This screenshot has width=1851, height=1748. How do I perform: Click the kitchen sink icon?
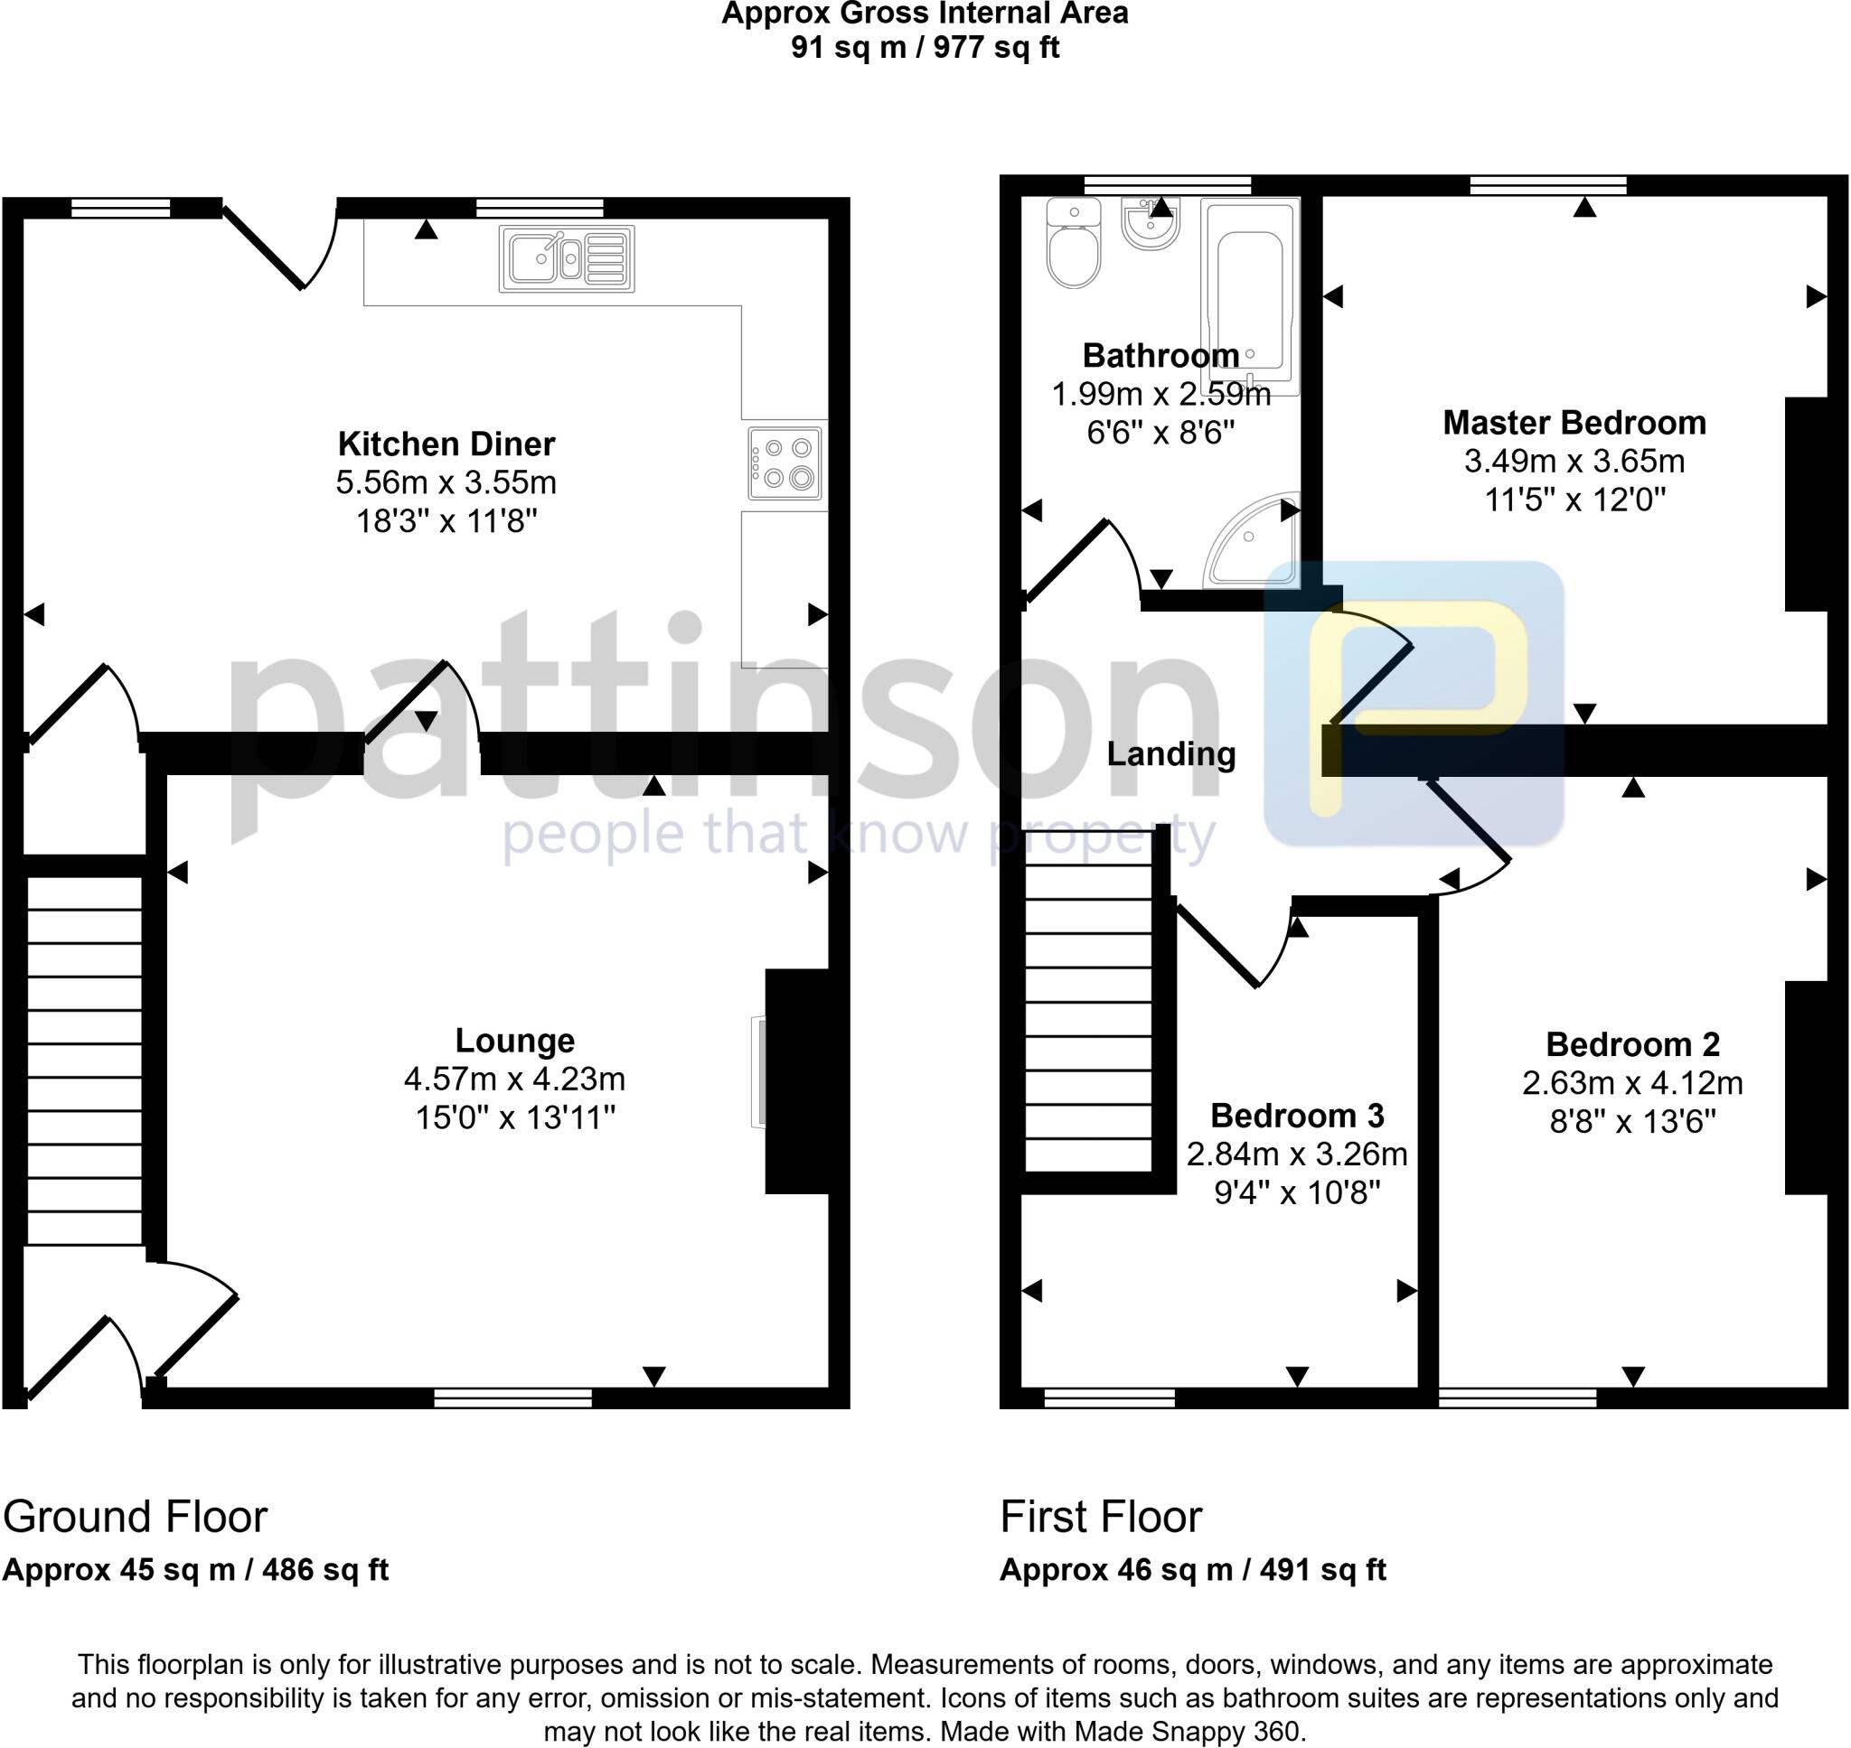point(567,258)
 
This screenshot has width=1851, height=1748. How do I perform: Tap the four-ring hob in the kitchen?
point(785,463)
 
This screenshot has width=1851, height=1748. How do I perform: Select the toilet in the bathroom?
point(1074,244)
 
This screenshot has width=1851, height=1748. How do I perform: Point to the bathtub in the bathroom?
point(1250,296)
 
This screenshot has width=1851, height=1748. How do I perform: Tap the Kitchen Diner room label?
point(446,444)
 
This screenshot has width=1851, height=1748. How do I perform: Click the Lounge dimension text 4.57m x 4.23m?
point(514,1079)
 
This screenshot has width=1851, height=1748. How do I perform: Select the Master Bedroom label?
point(1574,423)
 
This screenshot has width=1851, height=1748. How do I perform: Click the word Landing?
point(1170,753)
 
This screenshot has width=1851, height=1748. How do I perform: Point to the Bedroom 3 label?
point(1296,1116)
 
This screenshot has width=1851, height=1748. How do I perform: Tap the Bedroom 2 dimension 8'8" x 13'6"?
point(1632,1122)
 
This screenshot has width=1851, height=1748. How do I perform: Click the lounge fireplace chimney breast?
point(797,1080)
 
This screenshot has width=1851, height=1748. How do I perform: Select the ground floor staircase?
point(84,1060)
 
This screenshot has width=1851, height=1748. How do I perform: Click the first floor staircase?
point(1087,1015)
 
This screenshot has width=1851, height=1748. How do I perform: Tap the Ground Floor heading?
point(136,1517)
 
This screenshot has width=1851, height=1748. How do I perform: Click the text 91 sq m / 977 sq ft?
point(925,47)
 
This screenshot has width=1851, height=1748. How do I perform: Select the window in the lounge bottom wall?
point(512,1397)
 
